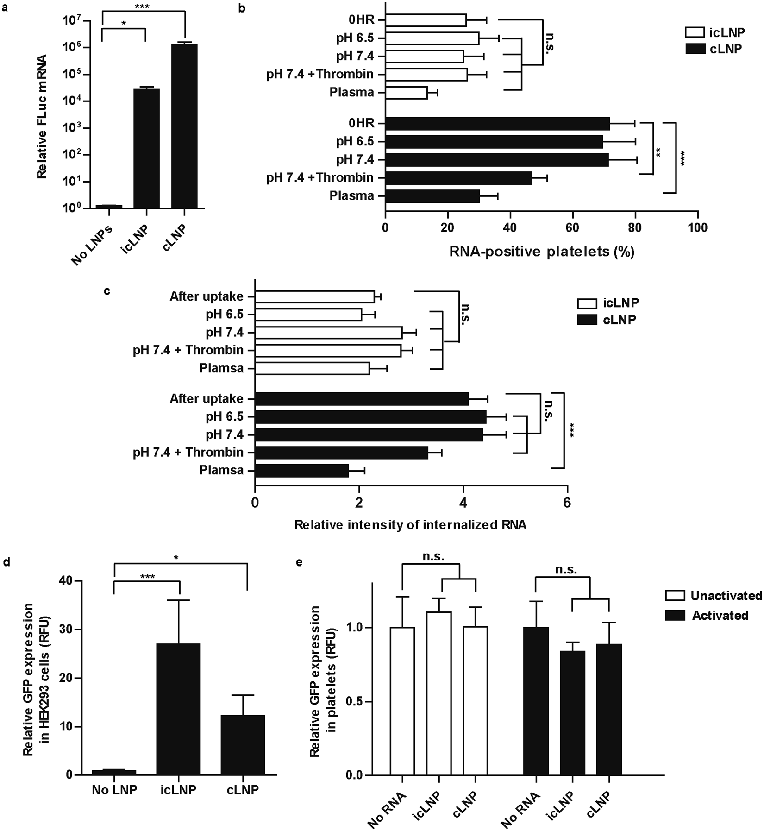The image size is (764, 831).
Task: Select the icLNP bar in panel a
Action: point(146,148)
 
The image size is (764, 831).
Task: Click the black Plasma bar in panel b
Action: point(432,196)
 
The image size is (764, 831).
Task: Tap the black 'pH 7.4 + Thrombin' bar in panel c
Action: point(341,453)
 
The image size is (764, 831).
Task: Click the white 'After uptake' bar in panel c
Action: point(314,296)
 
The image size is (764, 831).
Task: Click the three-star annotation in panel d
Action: point(148,577)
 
